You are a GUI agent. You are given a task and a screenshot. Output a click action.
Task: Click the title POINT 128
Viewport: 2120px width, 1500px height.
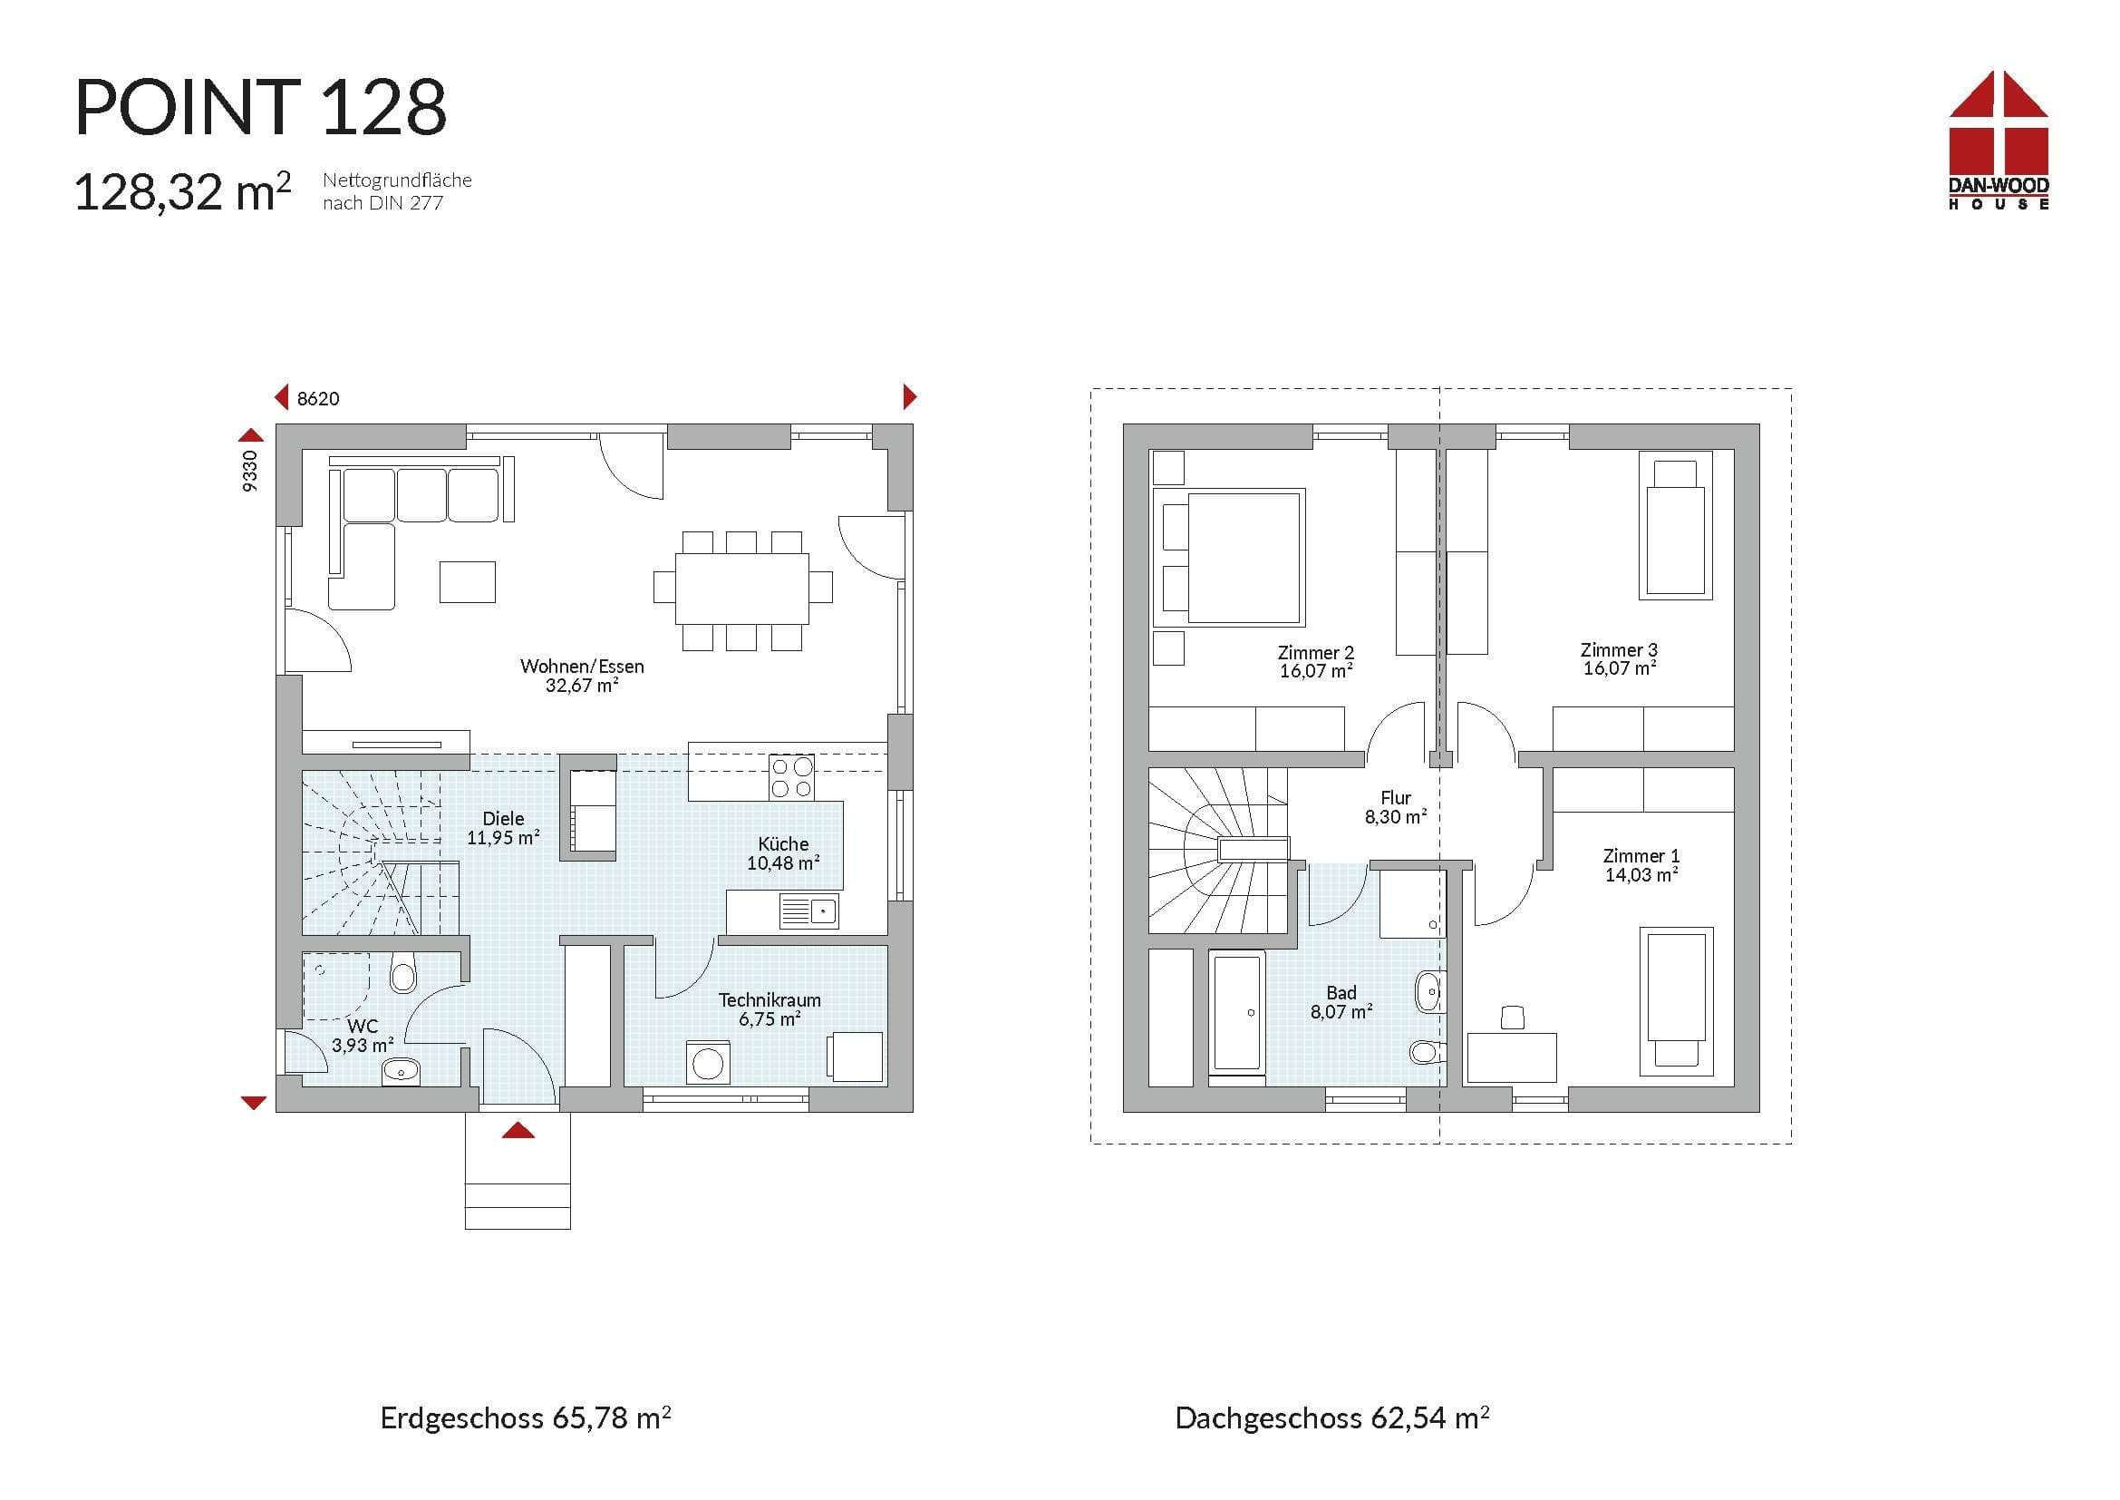[260, 108]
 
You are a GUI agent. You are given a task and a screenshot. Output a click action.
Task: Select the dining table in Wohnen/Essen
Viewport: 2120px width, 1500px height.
[742, 589]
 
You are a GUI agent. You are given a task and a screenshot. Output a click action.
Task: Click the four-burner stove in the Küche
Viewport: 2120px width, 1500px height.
[791, 777]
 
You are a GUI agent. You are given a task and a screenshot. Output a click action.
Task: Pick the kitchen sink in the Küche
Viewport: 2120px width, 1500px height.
[808, 911]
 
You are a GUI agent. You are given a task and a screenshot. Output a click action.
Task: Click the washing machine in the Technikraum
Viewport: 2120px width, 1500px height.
[708, 1062]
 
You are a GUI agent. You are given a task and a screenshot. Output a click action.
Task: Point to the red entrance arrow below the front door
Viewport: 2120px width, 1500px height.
[518, 1130]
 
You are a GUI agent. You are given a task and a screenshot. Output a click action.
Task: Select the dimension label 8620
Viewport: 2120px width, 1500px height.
[318, 399]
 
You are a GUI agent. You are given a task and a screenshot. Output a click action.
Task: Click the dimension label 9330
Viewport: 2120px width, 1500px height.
[250, 471]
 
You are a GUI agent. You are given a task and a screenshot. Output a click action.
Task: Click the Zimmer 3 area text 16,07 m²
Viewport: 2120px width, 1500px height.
[1620, 668]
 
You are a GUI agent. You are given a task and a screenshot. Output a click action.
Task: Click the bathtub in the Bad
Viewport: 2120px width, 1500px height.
[1237, 1013]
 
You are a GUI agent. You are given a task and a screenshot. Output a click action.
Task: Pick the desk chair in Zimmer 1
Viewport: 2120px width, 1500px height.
[1513, 1018]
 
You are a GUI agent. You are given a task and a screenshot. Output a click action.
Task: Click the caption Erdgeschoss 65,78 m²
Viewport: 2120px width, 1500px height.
[526, 1417]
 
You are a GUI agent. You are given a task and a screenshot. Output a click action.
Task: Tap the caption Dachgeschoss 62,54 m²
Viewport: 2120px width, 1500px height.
[1332, 1417]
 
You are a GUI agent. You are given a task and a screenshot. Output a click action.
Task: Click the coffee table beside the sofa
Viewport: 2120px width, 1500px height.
[467, 582]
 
